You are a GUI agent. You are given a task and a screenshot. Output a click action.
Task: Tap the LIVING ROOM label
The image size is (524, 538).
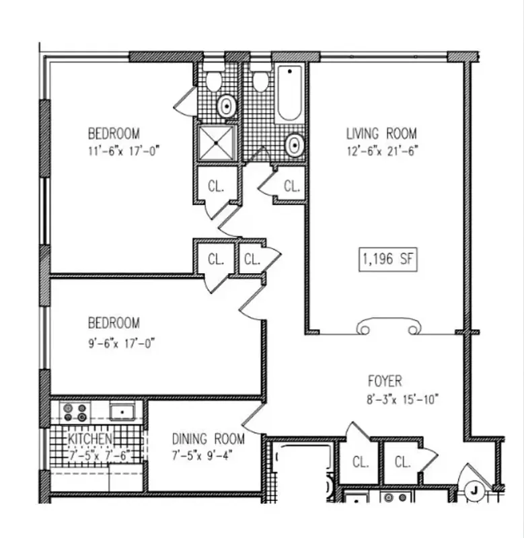381,133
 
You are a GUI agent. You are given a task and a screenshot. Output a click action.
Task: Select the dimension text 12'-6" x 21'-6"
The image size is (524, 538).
381,152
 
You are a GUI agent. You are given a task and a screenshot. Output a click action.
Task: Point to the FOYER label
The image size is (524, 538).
385,381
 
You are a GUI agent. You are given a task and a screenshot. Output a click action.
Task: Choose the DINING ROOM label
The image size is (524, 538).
206,439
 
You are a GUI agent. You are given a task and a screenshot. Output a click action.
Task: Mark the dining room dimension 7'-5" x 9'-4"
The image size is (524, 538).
206,455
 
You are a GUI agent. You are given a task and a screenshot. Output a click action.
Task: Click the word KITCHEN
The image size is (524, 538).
89,439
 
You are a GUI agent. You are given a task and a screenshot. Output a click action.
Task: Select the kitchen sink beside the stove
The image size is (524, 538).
123,411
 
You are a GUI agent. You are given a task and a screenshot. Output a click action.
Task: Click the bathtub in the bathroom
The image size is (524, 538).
289,94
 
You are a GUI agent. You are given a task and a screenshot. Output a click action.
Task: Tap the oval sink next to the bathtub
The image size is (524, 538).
294,144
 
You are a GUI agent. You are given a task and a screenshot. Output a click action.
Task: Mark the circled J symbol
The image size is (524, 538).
474,490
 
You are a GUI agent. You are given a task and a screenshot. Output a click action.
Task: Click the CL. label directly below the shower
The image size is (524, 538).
215,186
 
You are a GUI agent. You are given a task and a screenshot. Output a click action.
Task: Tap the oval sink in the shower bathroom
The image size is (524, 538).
227,106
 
